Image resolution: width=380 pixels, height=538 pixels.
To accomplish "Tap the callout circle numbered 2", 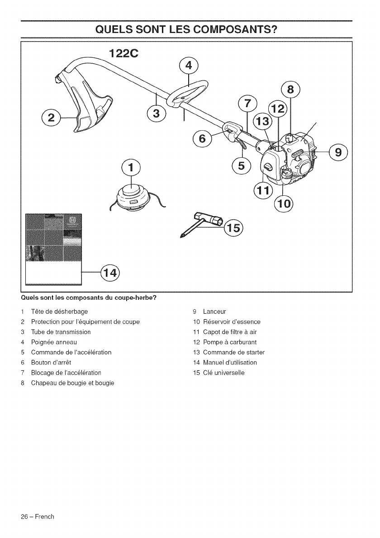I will click(x=51, y=118).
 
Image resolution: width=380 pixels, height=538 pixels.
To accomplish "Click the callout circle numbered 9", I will click(x=339, y=151).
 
